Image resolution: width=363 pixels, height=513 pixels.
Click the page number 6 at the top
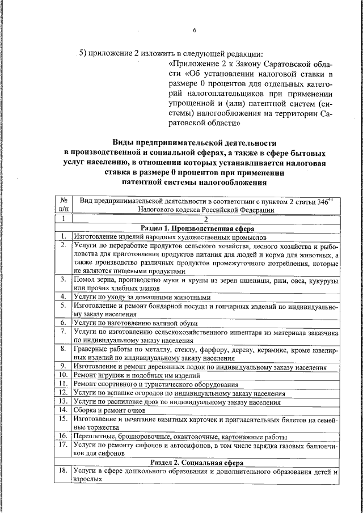pyautogui.click(x=194, y=30)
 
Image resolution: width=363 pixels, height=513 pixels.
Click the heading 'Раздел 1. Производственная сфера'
pyautogui.click(x=205, y=228)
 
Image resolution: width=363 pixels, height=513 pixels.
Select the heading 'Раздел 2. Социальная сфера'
pyautogui.click(x=205, y=462)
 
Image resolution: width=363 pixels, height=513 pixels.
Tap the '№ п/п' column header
pyautogui.click(x=64, y=205)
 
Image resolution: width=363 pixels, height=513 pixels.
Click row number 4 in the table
pyautogui.click(x=64, y=296)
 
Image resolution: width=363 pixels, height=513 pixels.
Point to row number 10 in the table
pyautogui.click(x=64, y=375)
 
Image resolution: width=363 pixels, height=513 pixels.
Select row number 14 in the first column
pyautogui.click(x=64, y=410)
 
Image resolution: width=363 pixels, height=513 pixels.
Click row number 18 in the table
pyautogui.click(x=64, y=472)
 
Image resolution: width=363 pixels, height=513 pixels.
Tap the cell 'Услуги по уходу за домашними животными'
pyautogui.click(x=142, y=296)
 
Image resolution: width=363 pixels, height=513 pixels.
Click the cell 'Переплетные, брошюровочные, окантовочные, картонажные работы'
pyautogui.click(x=180, y=436)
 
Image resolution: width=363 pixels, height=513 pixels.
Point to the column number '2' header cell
pyautogui.click(x=206, y=219)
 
